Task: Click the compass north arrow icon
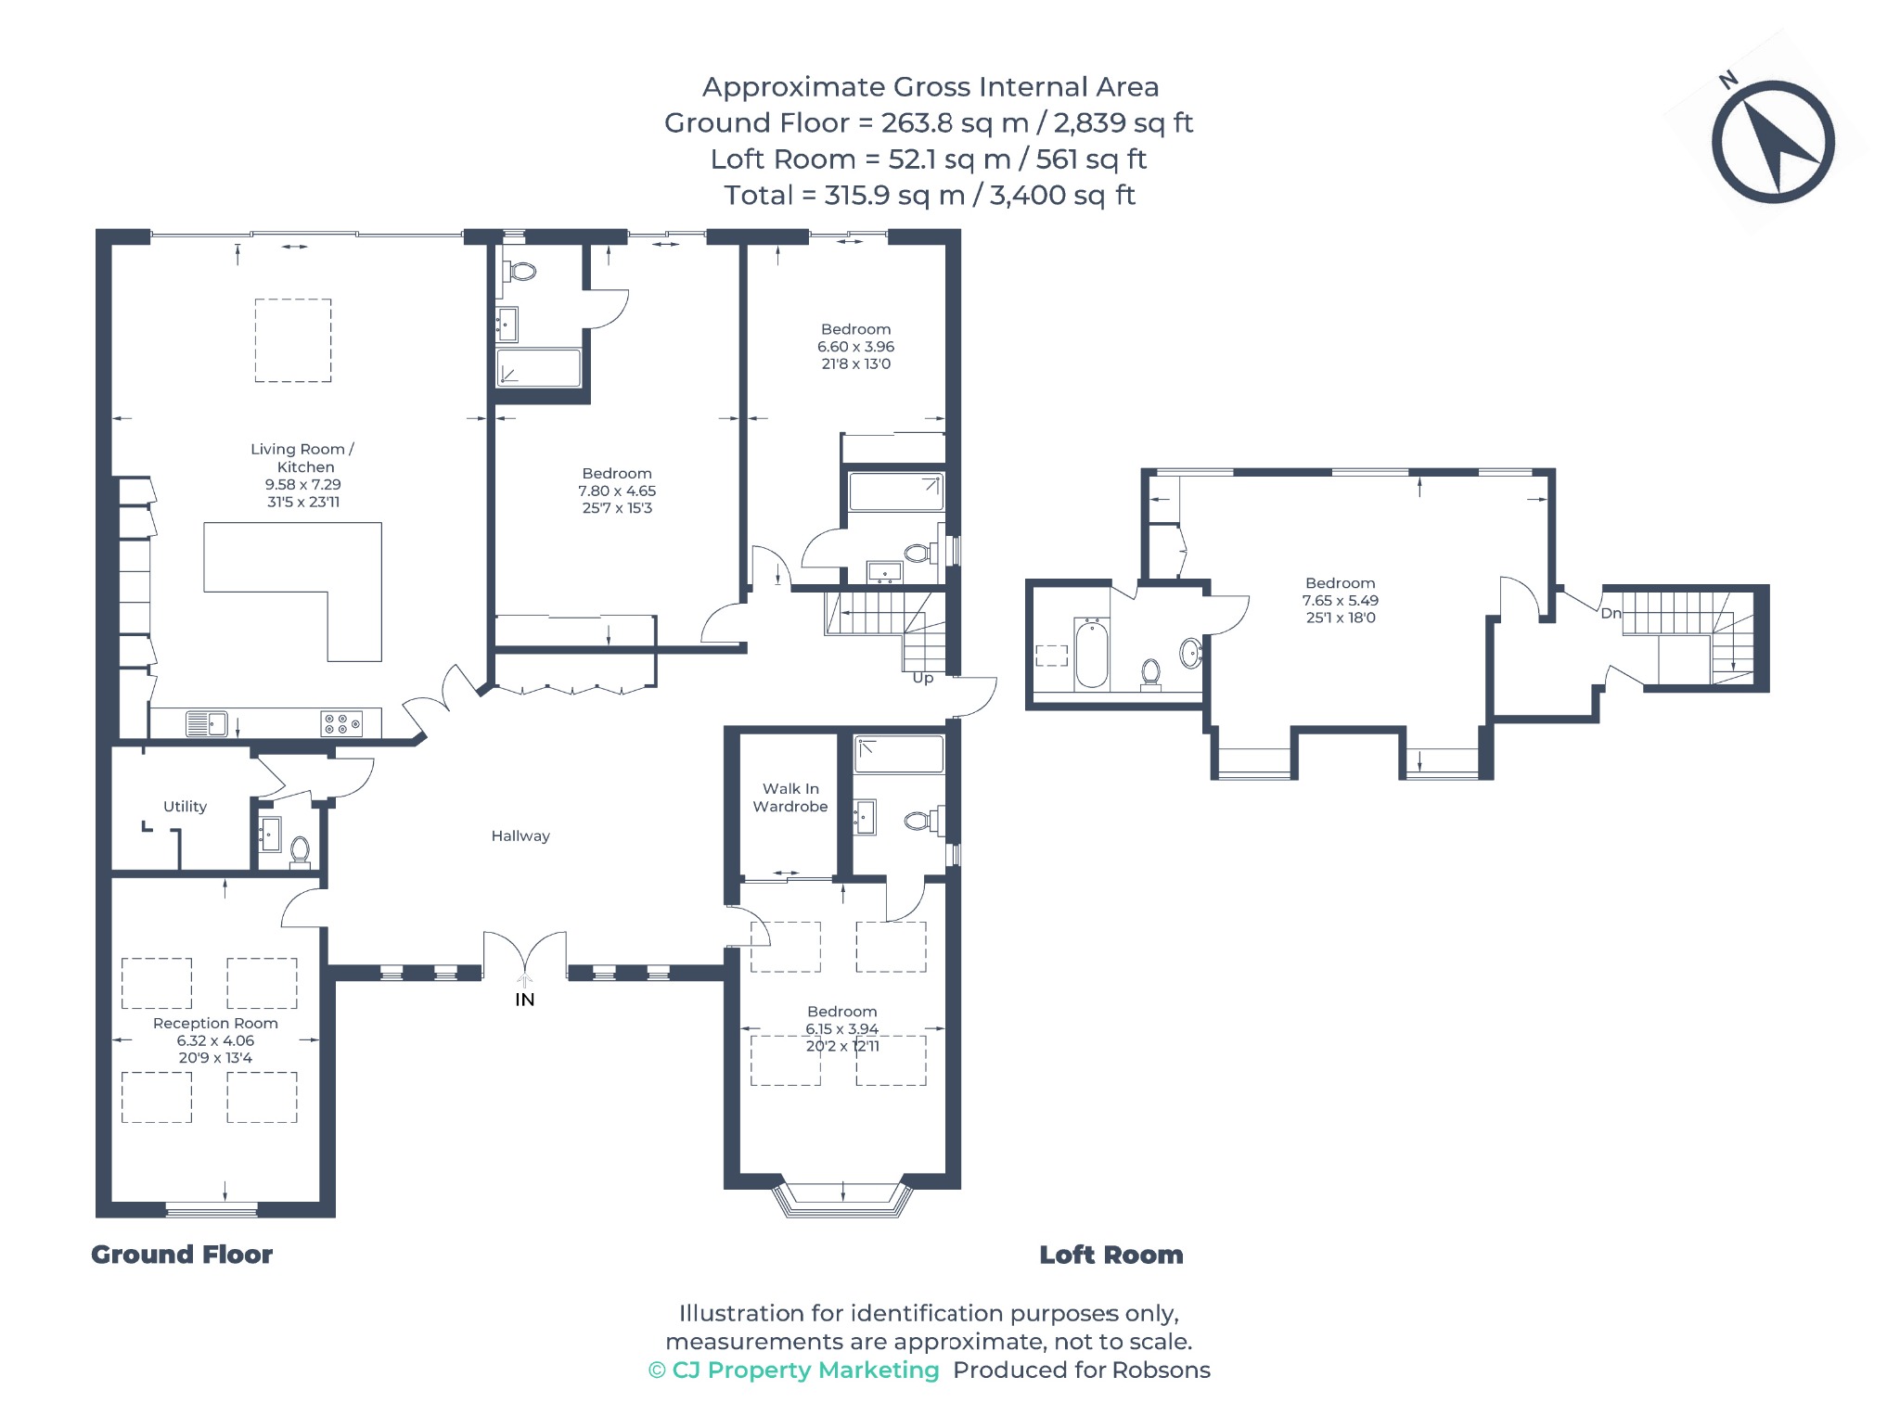tap(1772, 142)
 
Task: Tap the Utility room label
tap(185, 807)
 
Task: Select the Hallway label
tap(520, 835)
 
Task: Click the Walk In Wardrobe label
tap(790, 797)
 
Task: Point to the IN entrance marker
tap(525, 1000)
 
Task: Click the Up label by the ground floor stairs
tap(923, 678)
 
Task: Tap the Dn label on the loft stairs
tap(1611, 613)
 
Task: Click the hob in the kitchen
tap(341, 723)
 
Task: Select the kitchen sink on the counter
tap(206, 723)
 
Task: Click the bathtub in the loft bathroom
tap(1092, 654)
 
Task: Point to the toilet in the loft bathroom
tap(1150, 674)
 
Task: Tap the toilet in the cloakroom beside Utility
tap(300, 851)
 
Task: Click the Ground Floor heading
tap(182, 1255)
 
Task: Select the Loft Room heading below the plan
tap(1111, 1255)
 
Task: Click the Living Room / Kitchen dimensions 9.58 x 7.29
tap(303, 484)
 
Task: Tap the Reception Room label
tap(215, 1023)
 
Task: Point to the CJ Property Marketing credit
tap(794, 1370)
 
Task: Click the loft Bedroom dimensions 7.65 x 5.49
tap(1341, 600)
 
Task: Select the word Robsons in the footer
tap(1162, 1370)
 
